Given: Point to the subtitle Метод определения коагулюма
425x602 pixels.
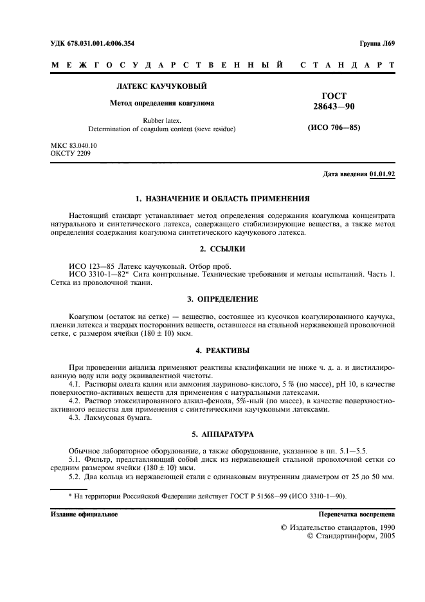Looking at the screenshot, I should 161,103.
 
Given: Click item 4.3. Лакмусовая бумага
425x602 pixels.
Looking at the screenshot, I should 102,418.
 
